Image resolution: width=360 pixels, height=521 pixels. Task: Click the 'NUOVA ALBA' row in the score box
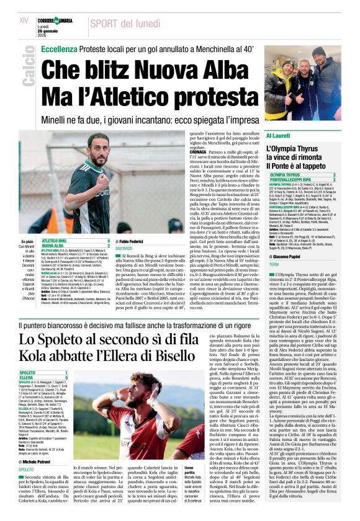pos(56,246)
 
